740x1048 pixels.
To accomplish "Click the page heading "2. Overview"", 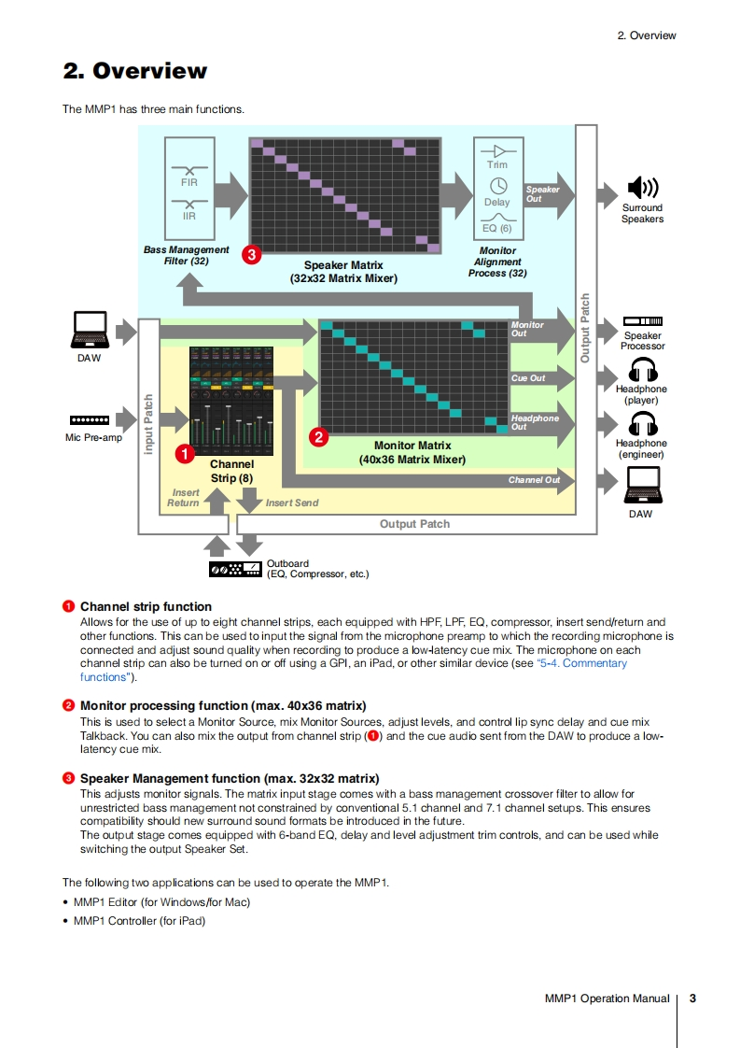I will pyautogui.click(x=134, y=71).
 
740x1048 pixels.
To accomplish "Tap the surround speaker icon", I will pyautogui.click(x=642, y=188).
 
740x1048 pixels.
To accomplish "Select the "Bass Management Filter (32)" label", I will pyautogui.click(x=186, y=255).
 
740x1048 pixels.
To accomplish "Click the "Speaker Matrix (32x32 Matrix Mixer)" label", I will pyautogui.click(x=343, y=272).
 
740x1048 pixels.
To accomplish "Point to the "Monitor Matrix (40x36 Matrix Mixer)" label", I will pyautogui.click(x=412, y=452).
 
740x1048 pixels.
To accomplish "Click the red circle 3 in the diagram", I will pyautogui.click(x=250, y=253).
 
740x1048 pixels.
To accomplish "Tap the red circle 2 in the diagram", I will pyautogui.click(x=318, y=435).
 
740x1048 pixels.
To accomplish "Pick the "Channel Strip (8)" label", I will pyautogui.click(x=231, y=471).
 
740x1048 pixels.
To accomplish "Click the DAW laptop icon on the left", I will pyautogui.click(x=90, y=329).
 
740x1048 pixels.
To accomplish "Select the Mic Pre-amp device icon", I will pyautogui.click(x=90, y=421).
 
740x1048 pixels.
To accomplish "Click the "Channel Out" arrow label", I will pyautogui.click(x=534, y=480).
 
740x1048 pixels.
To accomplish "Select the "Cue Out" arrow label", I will pyautogui.click(x=528, y=378).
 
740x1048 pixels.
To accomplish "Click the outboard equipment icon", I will pyautogui.click(x=234, y=569).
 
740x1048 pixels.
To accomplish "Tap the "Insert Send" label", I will pyautogui.click(x=292, y=503).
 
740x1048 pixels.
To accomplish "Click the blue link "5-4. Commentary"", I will pyautogui.click(x=583, y=663).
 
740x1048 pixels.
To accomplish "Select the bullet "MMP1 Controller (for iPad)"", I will pyautogui.click(x=139, y=921).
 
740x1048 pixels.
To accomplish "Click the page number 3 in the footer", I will pyautogui.click(x=692, y=998).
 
